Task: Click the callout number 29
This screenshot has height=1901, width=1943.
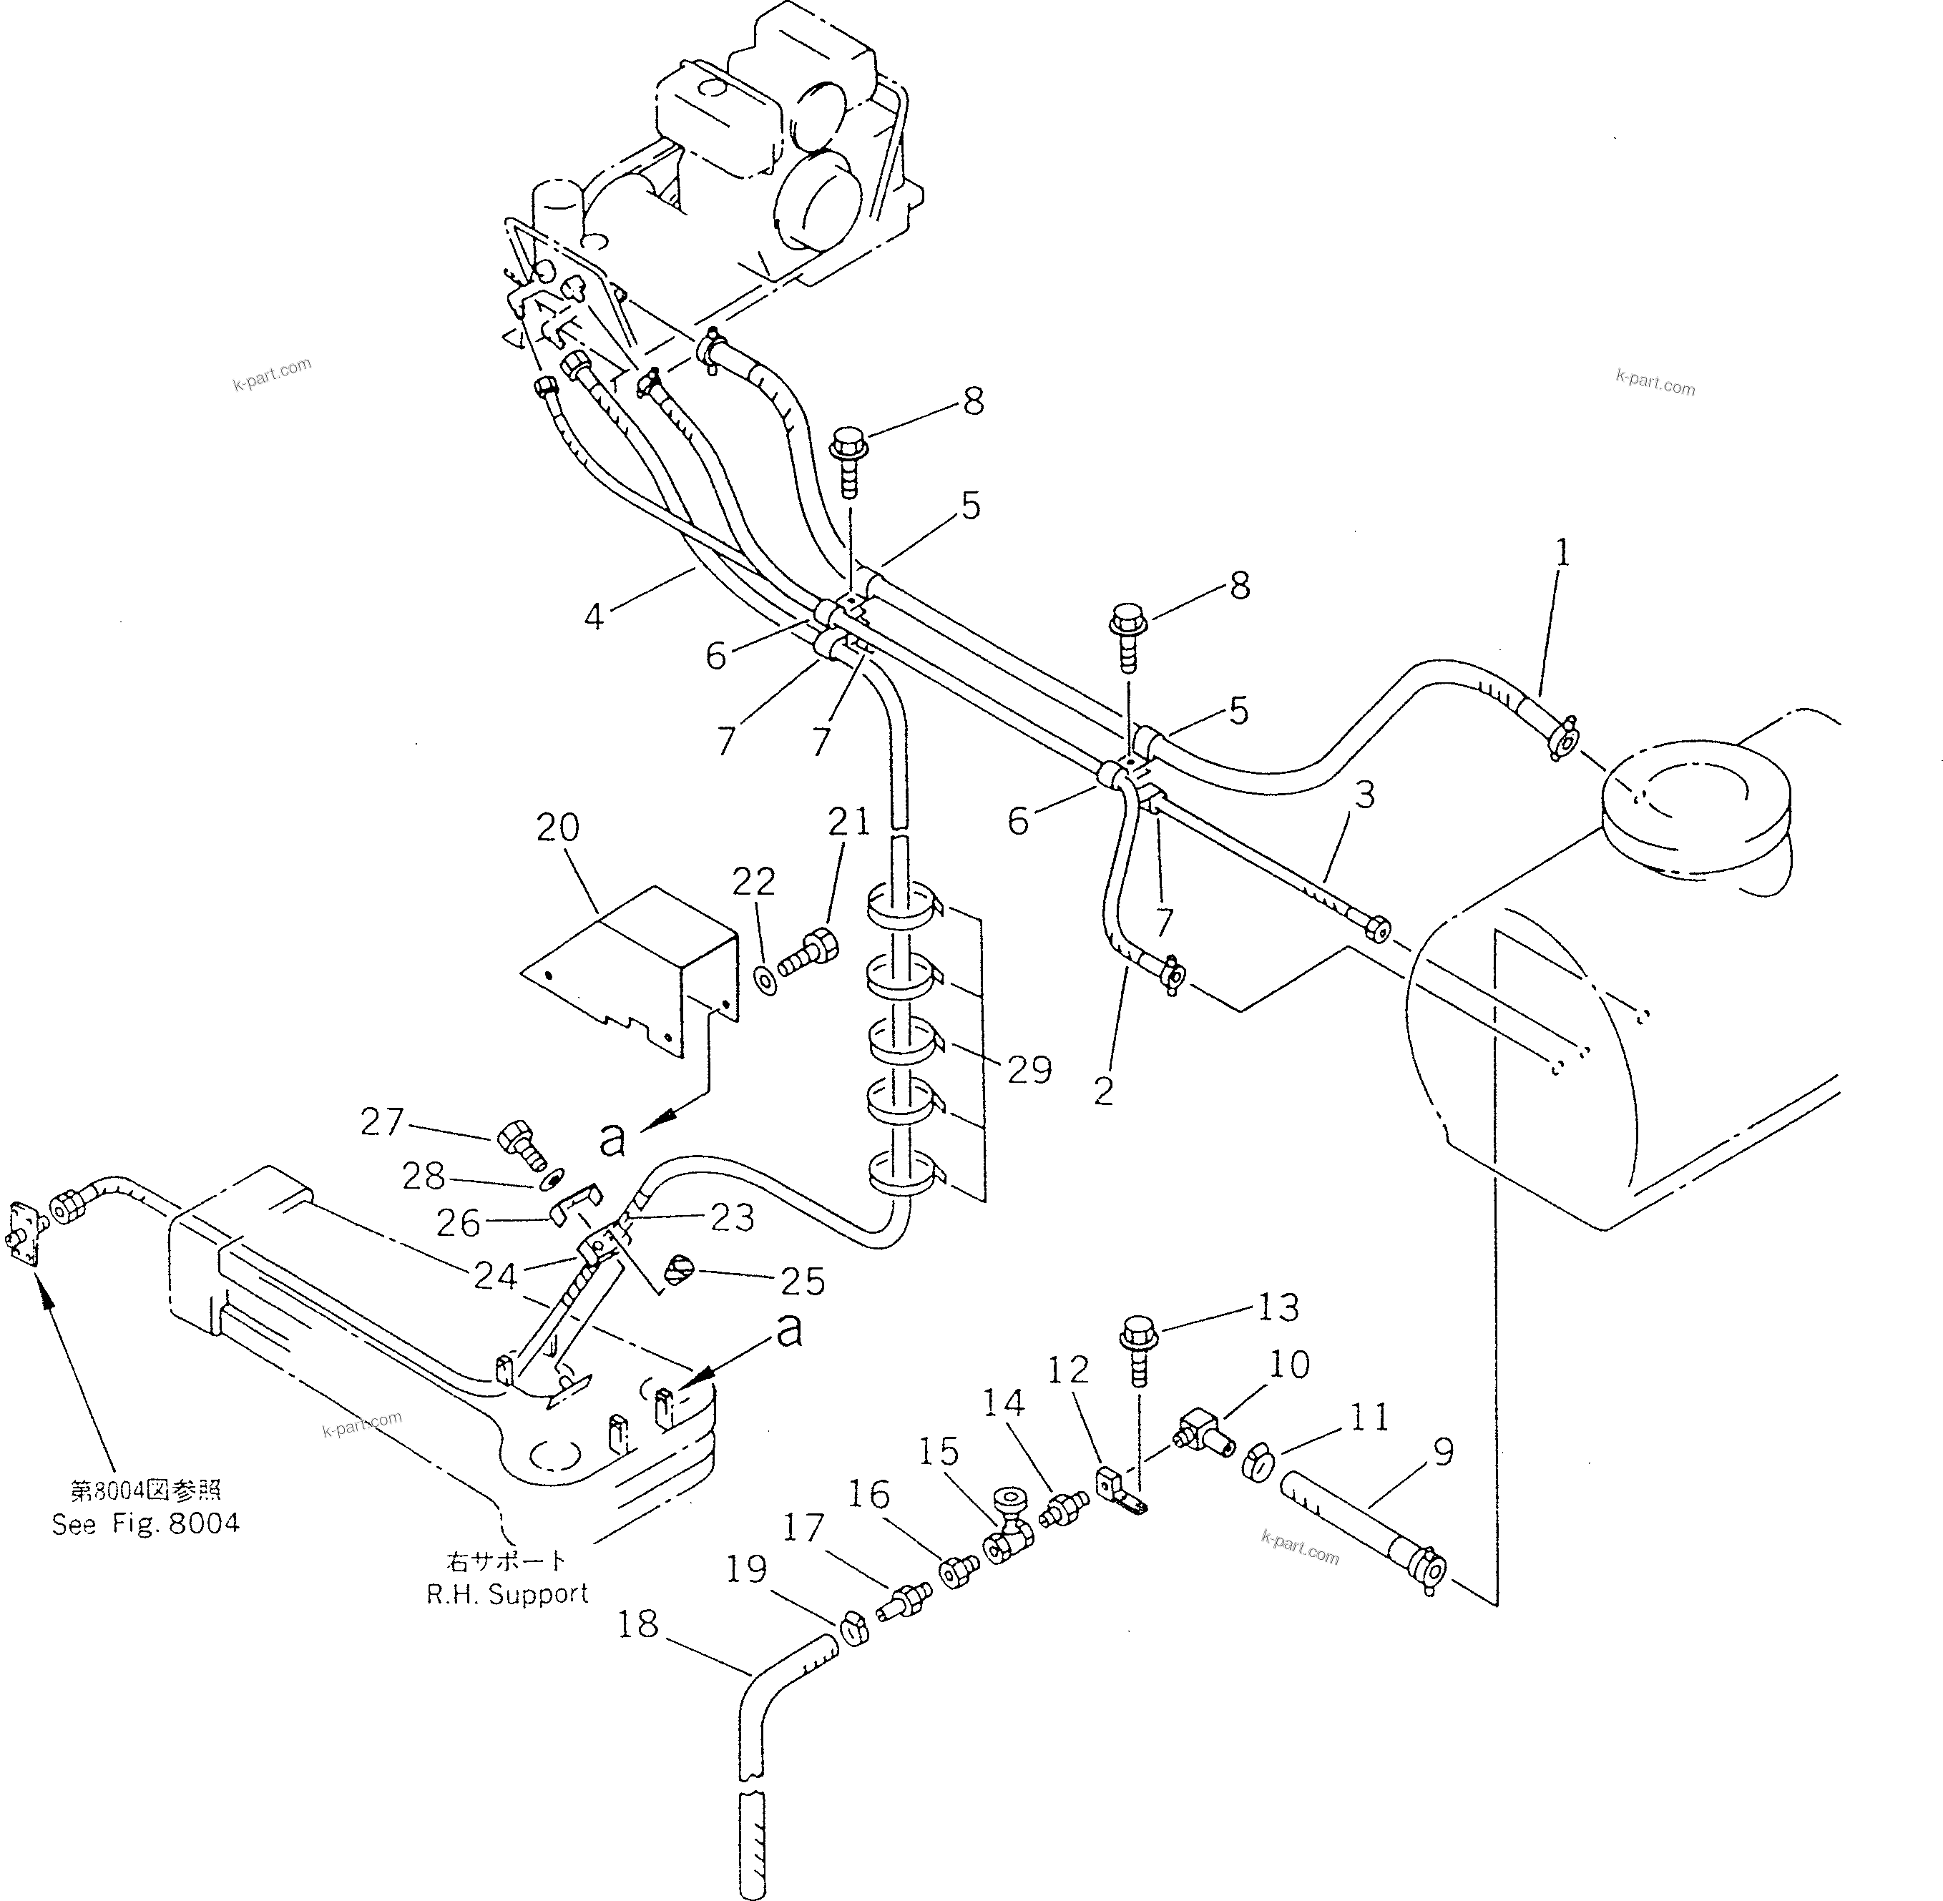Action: click(1029, 1071)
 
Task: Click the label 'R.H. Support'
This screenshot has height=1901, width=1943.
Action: click(507, 1594)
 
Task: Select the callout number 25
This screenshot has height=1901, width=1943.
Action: click(802, 1282)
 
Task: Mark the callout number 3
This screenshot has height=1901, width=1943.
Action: click(1365, 795)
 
